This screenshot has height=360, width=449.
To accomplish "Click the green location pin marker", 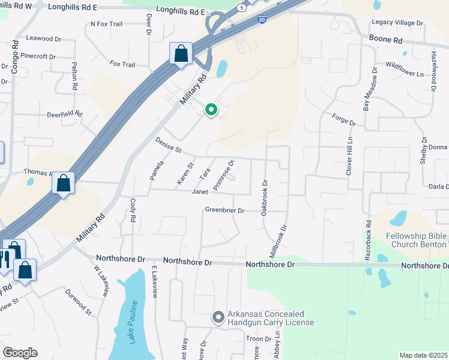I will point(211,110).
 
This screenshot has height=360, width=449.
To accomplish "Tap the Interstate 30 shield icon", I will point(261,20).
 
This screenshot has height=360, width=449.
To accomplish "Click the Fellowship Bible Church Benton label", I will point(417,240).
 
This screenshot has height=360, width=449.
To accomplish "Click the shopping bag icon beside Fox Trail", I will point(181,54).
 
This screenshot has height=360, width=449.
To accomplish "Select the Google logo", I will point(20,353).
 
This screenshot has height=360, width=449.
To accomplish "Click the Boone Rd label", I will point(385,40).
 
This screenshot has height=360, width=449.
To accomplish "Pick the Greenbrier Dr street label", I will point(225,211).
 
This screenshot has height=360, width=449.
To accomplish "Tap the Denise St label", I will point(168,145).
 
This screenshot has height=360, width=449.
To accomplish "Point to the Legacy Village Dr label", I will point(397,23).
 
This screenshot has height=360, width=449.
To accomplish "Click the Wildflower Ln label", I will point(405,69).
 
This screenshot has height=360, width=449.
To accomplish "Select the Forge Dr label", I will point(344,119).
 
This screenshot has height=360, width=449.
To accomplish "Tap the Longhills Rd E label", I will point(181,11).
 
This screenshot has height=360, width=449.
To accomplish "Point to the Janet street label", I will point(199,192).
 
